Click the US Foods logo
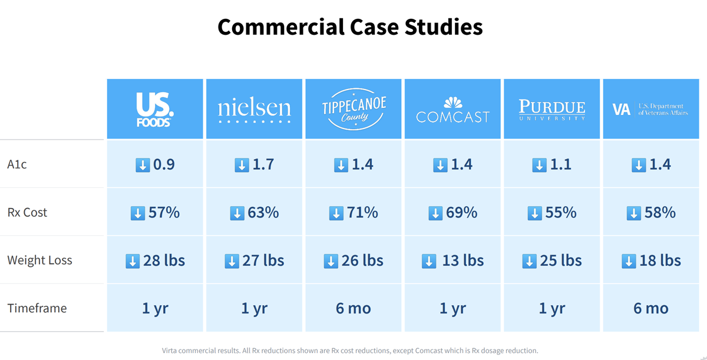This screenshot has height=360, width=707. [154, 110]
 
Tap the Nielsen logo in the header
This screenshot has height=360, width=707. [254, 110]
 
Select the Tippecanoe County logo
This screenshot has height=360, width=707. [353, 110]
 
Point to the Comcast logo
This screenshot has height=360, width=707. [452, 110]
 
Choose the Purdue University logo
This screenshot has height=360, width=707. [552, 110]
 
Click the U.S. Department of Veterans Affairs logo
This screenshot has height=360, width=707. [650, 110]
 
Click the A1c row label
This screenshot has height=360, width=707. [17, 164]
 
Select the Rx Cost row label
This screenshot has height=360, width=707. [27, 212]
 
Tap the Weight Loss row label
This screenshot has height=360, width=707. [39, 260]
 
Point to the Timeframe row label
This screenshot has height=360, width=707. [37, 308]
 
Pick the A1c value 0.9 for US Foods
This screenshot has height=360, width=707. [164, 164]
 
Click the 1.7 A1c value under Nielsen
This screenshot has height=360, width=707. [263, 164]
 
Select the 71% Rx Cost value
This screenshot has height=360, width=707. [363, 212]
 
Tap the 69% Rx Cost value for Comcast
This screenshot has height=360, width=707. [461, 212]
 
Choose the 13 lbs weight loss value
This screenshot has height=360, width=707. [462, 260]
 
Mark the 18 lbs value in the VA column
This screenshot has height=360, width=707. [660, 260]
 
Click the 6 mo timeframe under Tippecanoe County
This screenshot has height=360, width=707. [353, 308]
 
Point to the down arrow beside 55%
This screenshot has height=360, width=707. [534, 213]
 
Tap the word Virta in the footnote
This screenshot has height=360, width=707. [171, 351]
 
